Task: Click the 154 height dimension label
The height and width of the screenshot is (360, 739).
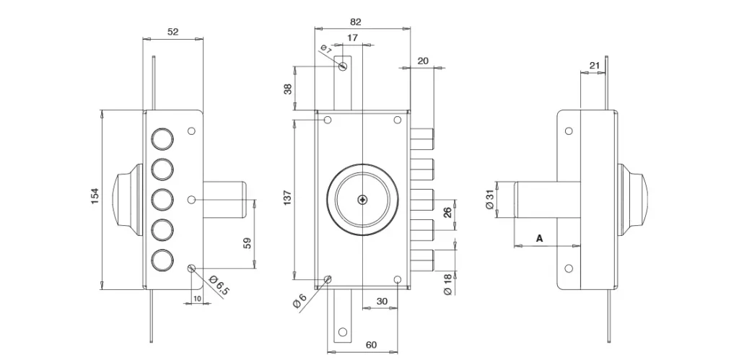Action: click(95, 196)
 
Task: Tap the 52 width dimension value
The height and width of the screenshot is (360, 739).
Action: click(173, 32)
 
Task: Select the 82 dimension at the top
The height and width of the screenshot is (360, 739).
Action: click(356, 22)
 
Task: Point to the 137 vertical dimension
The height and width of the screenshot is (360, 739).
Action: click(288, 198)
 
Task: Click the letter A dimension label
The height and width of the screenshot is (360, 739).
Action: click(540, 238)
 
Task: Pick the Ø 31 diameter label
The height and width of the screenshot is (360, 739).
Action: click(489, 199)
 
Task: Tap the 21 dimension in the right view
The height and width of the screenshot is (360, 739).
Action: click(595, 65)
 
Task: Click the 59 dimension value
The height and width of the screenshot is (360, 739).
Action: click(248, 243)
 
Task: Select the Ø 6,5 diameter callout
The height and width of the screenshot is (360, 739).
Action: click(219, 286)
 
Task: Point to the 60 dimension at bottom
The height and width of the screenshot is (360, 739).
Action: click(372, 345)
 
